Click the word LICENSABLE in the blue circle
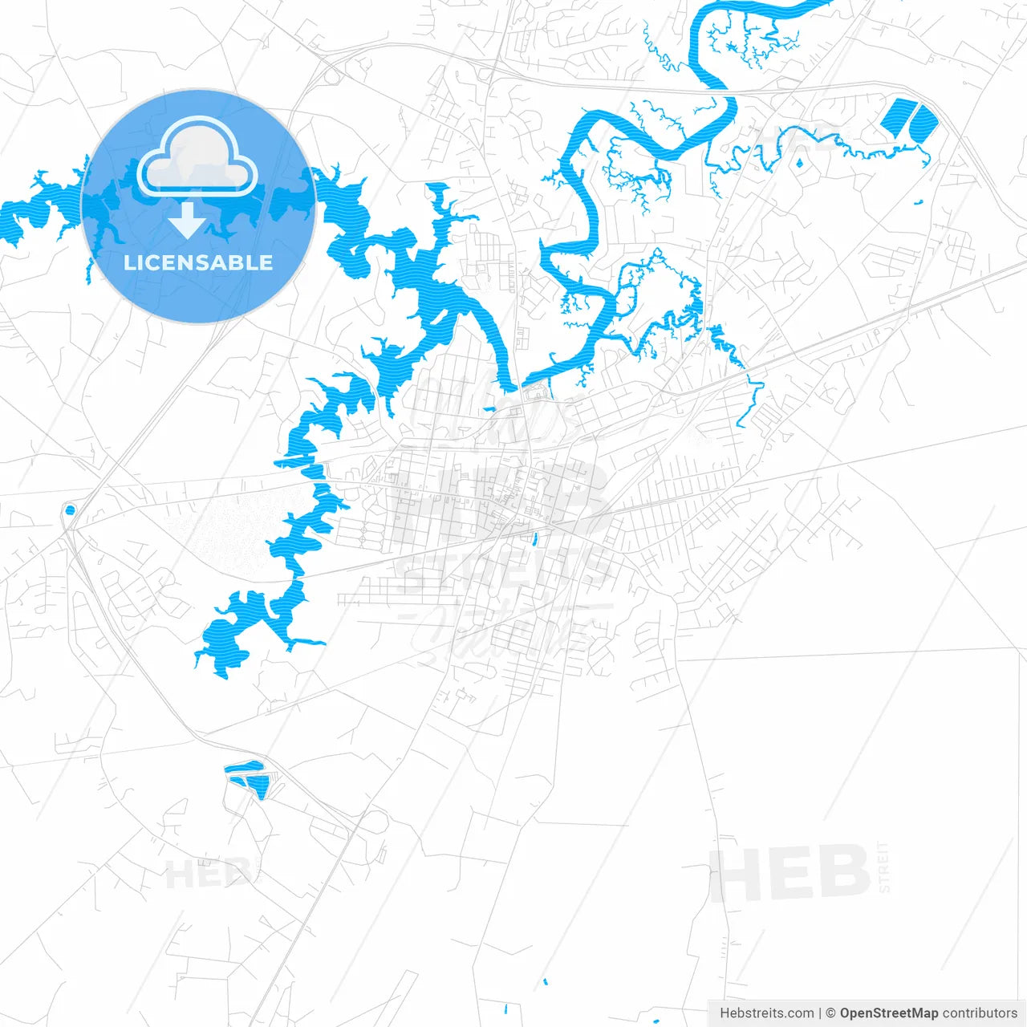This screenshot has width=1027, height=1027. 198,263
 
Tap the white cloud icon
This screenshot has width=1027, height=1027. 197,158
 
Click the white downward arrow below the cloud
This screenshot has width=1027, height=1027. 188,220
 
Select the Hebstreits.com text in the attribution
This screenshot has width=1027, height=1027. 766,1013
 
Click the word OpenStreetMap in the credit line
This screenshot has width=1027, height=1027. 889,1013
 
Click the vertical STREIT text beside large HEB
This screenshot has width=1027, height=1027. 884,867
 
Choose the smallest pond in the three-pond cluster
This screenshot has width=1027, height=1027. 238,778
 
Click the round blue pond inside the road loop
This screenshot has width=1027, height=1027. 70,509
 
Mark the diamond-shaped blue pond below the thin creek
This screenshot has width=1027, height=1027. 799,164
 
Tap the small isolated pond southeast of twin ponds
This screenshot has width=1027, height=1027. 920,201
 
